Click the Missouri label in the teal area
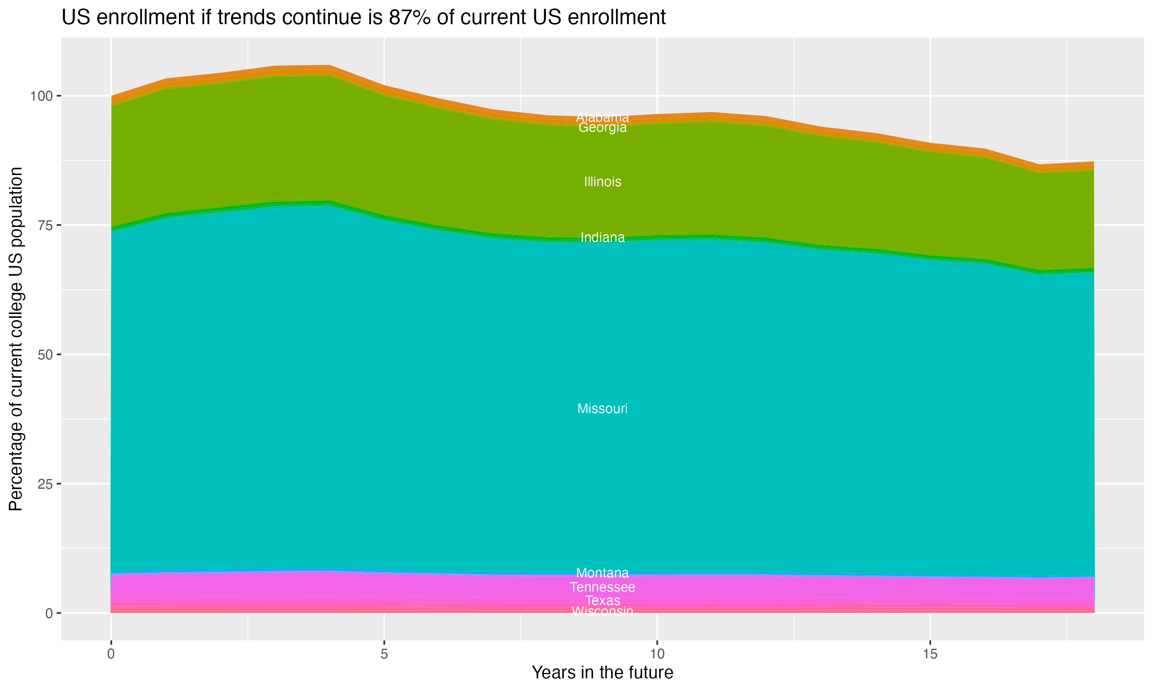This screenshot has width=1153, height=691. click(602, 409)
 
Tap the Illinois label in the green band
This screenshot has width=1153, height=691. click(602, 182)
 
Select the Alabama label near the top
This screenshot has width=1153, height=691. click(602, 117)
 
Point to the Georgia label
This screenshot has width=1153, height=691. click(602, 127)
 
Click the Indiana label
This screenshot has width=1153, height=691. click(602, 238)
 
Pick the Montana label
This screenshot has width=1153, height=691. click(602, 573)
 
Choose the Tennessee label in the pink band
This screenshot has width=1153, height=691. click(602, 587)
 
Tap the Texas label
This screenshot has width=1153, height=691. click(602, 601)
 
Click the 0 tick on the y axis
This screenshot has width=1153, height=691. click(48, 613)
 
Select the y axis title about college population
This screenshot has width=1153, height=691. click(16, 339)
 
